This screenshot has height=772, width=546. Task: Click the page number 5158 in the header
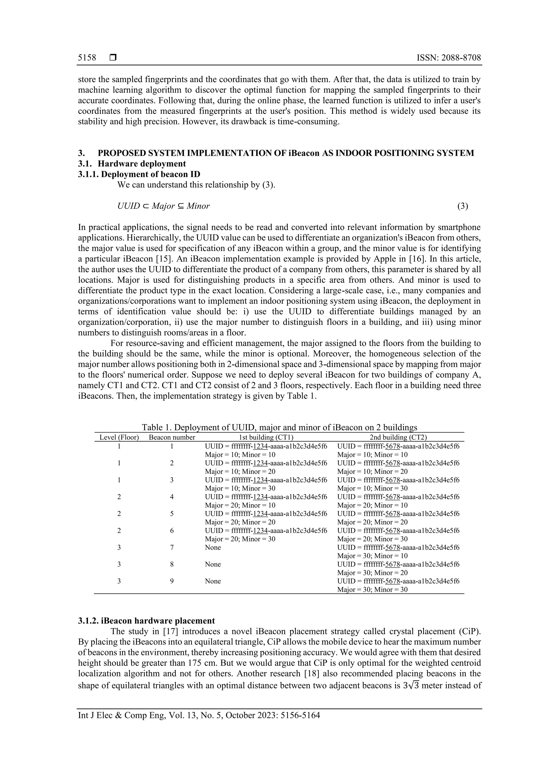click(x=87, y=58)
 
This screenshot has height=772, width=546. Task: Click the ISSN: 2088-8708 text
click(x=448, y=58)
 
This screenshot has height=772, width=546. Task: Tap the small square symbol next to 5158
click(x=113, y=58)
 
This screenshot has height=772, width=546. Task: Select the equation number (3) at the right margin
click(x=462, y=206)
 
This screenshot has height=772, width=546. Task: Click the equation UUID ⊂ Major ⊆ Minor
click(x=163, y=206)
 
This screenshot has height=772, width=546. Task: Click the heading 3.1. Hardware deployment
click(x=132, y=164)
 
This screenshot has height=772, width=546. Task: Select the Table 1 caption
click(x=279, y=427)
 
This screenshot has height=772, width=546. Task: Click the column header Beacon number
click(x=172, y=438)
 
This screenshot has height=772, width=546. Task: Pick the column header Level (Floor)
click(x=119, y=438)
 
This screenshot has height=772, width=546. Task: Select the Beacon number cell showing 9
click(x=172, y=581)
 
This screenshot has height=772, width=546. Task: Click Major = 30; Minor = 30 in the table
click(x=372, y=589)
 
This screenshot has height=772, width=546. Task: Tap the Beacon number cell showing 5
click(x=172, y=514)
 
